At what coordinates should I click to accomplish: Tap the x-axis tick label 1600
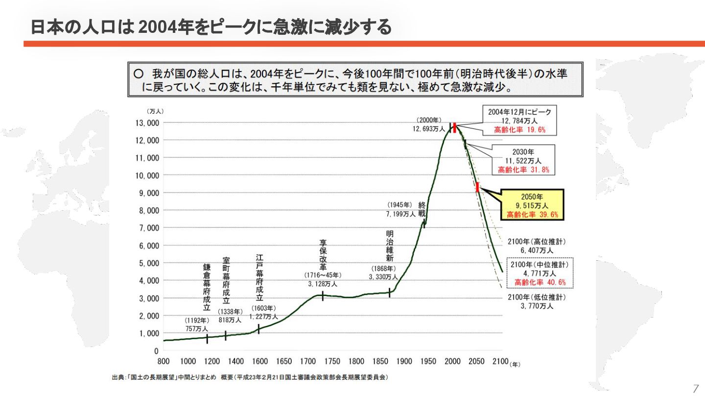click(260, 362)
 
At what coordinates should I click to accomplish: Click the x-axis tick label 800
click(164, 362)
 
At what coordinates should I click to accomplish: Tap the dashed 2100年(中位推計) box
click(540, 273)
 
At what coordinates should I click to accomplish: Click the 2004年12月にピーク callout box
click(519, 121)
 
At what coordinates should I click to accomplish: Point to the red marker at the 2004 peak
click(454, 127)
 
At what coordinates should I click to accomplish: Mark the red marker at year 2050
click(477, 187)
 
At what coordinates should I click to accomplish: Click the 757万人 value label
click(197, 328)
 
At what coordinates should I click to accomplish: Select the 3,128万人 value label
click(323, 284)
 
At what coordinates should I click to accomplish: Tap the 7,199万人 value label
click(400, 214)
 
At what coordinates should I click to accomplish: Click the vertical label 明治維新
click(390, 246)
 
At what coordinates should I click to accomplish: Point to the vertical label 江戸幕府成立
click(259, 277)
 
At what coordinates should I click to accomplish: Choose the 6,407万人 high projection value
click(537, 250)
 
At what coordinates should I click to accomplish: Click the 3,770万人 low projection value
click(537, 306)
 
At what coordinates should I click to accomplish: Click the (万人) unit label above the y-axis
click(155, 112)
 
